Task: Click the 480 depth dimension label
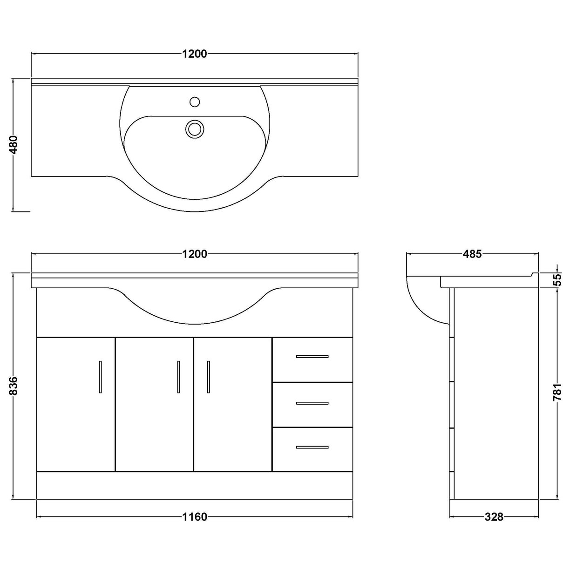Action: [x=14, y=144]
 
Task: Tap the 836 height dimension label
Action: [x=14, y=386]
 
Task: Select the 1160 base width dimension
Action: [x=195, y=517]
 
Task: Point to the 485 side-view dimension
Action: [x=472, y=254]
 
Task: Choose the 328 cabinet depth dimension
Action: [x=494, y=517]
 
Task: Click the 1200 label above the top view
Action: [x=195, y=54]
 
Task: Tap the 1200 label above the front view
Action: [x=195, y=254]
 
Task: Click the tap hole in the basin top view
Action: [x=195, y=101]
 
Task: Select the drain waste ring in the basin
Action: [x=195, y=128]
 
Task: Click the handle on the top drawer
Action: [x=312, y=357]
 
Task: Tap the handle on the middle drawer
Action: [x=312, y=403]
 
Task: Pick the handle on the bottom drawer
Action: [x=312, y=448]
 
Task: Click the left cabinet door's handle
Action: [x=100, y=377]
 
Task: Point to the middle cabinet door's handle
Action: [x=178, y=377]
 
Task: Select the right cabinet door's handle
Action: [x=209, y=377]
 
